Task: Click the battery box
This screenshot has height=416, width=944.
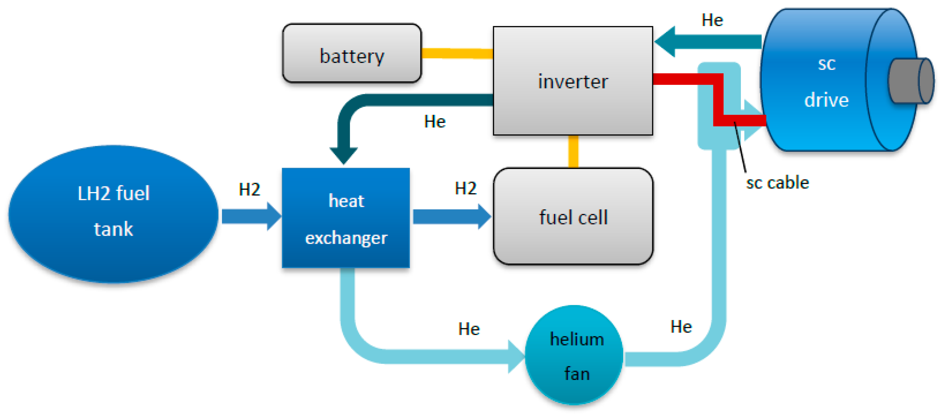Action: [x=352, y=53]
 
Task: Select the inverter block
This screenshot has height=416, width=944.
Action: [x=572, y=81]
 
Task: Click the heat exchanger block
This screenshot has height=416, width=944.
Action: [x=346, y=218]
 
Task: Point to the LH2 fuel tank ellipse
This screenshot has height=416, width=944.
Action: [x=114, y=214]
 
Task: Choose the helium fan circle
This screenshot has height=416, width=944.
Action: [x=574, y=355]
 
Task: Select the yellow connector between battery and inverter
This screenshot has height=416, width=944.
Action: [x=457, y=53]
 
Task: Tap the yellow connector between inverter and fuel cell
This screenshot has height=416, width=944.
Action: [x=573, y=151]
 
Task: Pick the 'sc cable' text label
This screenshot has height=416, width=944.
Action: [x=777, y=182]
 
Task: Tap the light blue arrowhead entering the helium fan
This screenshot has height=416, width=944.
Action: [x=516, y=356]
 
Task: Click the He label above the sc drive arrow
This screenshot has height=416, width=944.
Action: [x=712, y=20]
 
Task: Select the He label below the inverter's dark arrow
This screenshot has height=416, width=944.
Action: [x=435, y=121]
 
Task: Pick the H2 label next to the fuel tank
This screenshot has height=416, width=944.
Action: [x=249, y=189]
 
